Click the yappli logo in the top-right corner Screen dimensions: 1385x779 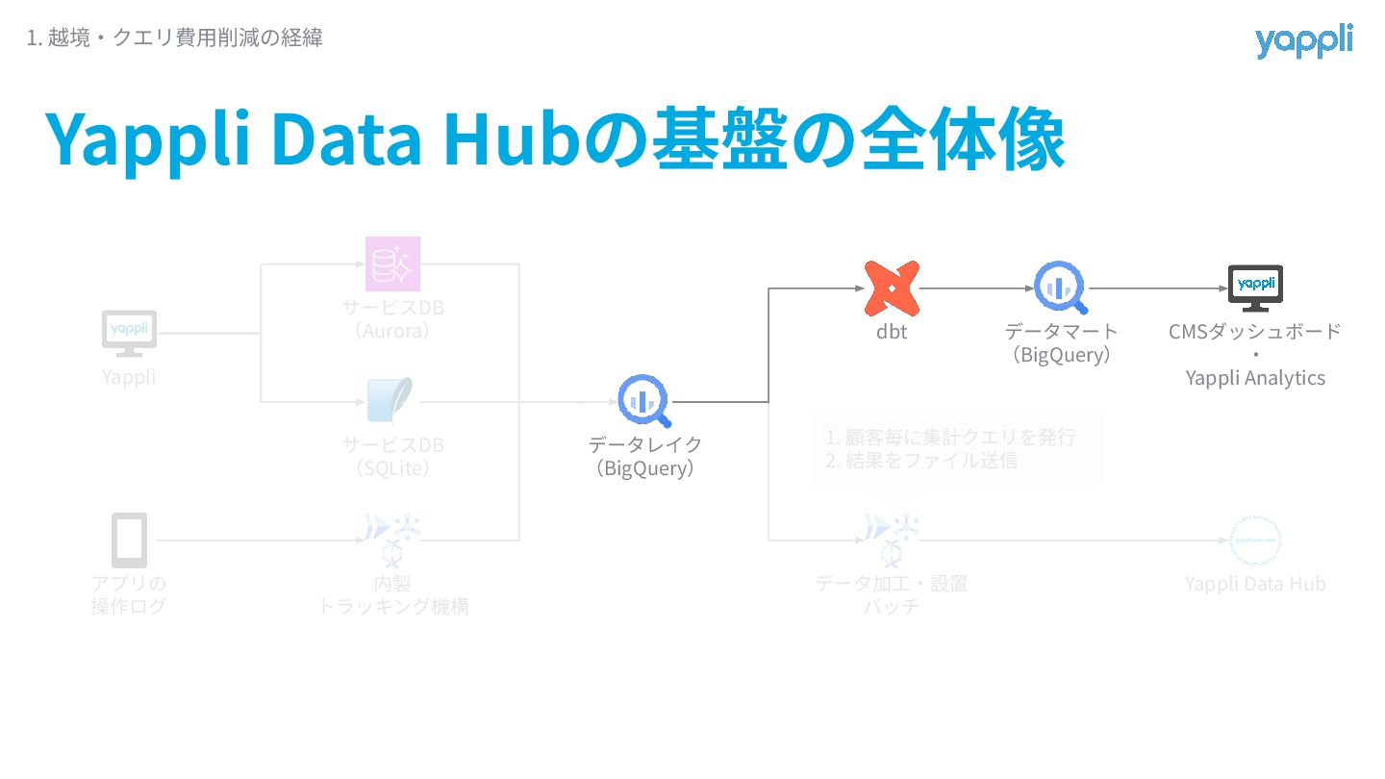[1303, 41]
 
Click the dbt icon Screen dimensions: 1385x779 [892, 288]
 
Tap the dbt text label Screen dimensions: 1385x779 [892, 333]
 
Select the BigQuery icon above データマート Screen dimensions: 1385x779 [1061, 288]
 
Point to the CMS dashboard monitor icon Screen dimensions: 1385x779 [1255, 288]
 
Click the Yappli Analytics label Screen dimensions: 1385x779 [1255, 378]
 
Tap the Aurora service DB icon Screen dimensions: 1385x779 [392, 264]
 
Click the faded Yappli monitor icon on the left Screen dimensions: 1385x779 [129, 333]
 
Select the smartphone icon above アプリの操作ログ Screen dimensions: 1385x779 [129, 540]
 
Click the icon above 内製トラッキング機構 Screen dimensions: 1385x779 [392, 538]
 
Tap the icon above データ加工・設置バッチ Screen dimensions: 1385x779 [892, 538]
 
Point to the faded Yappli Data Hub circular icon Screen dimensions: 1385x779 [1255, 540]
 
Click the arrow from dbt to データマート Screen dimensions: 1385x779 [975, 288]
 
